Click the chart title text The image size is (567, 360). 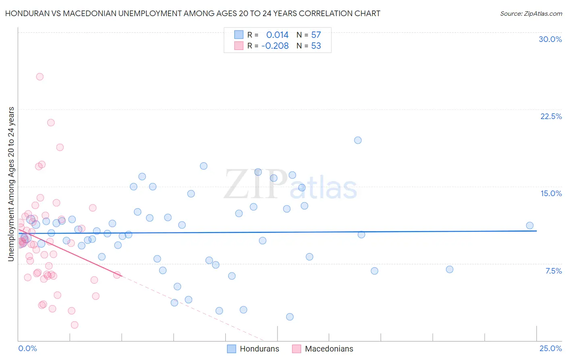[x=193, y=13]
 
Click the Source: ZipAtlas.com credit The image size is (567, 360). [x=531, y=14]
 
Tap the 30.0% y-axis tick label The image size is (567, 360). [x=550, y=39]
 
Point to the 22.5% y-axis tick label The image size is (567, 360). [x=551, y=116]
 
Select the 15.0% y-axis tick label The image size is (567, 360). [x=551, y=193]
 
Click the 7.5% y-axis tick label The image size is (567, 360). [x=553, y=271]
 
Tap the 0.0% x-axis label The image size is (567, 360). [x=27, y=348]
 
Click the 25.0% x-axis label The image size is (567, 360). [x=550, y=348]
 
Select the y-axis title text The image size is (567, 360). [x=11, y=184]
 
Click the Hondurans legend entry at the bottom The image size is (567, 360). [x=259, y=349]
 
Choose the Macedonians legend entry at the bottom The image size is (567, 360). [x=329, y=349]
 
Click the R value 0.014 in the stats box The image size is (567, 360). [x=277, y=35]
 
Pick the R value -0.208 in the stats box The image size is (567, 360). [x=275, y=46]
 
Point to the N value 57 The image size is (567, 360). [x=316, y=35]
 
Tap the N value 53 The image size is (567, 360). [x=316, y=46]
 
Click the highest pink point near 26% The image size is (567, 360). [x=40, y=77]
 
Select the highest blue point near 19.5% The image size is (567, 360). [x=358, y=140]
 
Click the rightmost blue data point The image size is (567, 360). [x=530, y=226]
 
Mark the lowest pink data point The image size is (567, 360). [x=75, y=325]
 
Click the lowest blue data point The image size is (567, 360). [x=290, y=317]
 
